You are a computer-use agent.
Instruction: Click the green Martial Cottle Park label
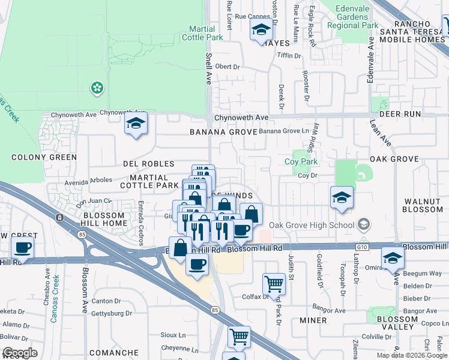(206, 33)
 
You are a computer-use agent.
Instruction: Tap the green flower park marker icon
(97, 89)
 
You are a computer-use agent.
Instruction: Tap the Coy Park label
(302, 161)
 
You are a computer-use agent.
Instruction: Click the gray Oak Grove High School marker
(363, 224)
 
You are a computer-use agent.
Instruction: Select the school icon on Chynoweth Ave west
(136, 124)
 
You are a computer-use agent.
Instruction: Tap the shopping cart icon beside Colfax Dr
(274, 283)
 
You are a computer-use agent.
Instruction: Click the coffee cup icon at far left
(23, 247)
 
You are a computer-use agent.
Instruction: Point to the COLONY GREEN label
(44, 157)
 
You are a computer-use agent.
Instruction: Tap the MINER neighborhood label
(313, 320)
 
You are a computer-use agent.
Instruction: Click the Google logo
(20, 353)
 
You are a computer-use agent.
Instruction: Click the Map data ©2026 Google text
(411, 355)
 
